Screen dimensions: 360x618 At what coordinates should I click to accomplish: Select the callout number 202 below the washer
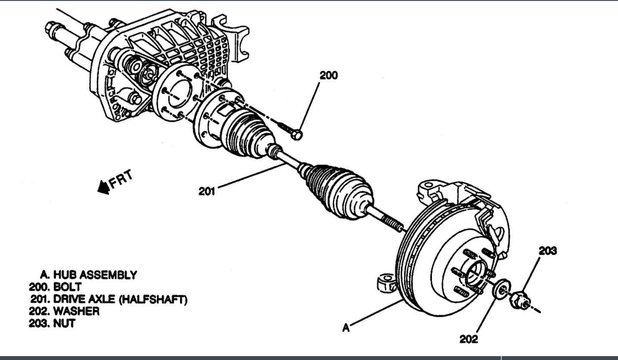click(x=468, y=339)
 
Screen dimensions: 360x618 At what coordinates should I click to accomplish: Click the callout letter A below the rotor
click(x=346, y=328)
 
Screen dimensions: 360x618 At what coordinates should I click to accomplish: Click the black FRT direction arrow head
click(x=103, y=188)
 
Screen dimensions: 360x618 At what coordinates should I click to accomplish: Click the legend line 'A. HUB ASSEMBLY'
click(x=88, y=274)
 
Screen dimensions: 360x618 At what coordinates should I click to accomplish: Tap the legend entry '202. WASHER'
click(x=64, y=311)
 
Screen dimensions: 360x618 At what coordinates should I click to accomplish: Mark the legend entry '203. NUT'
click(x=52, y=323)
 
